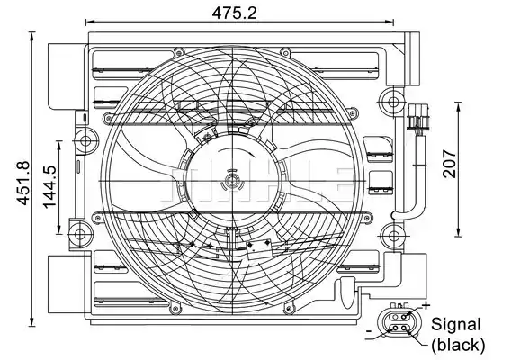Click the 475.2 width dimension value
click(234, 13)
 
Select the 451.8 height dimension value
click(23, 184)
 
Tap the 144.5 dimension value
click(49, 187)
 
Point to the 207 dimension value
click(449, 164)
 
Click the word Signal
click(455, 325)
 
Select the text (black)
click(458, 345)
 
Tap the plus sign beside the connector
click(426, 305)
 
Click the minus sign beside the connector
click(369, 331)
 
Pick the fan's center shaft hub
click(232, 181)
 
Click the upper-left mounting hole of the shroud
click(85, 141)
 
